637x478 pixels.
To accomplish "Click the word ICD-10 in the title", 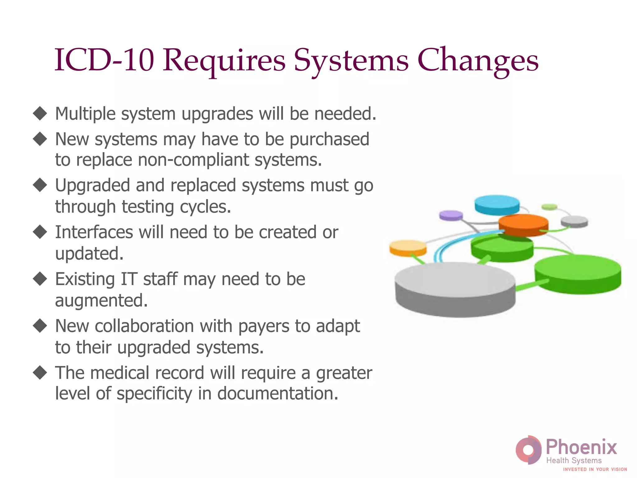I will pyautogui.click(x=104, y=60).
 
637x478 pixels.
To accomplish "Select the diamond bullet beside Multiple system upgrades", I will pyautogui.click(x=40, y=113).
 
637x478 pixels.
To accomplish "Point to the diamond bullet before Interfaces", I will pyautogui.click(x=40, y=232).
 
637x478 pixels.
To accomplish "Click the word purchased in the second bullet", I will pyautogui.click(x=329, y=139).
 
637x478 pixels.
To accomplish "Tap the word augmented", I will pyautogui.click(x=101, y=301).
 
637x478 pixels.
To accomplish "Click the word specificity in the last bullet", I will pyautogui.click(x=154, y=394).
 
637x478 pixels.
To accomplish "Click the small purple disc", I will pyautogui.click(x=451, y=215).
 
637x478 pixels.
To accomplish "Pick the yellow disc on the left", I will pyautogui.click(x=408, y=247).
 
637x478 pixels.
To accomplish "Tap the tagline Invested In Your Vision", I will pyautogui.click(x=595, y=469).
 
